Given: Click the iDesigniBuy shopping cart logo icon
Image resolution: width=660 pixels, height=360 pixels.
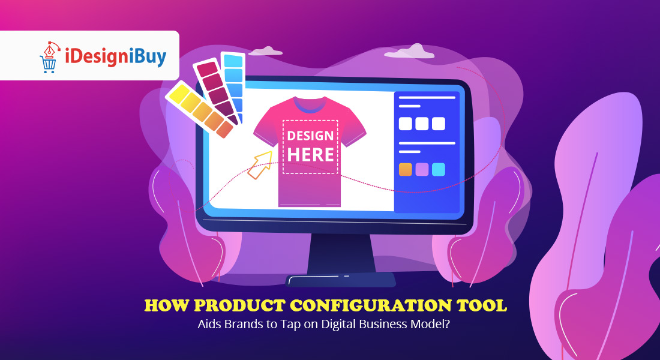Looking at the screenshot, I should [x=50, y=57].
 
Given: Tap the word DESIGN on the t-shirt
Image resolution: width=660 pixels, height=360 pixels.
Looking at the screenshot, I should [x=310, y=136].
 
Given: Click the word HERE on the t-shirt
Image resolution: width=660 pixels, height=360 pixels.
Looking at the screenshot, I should [x=310, y=154].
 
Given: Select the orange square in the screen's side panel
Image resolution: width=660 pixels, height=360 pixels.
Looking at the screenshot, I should [x=406, y=169].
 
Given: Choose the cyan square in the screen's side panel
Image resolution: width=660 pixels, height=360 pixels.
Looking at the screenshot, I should [x=439, y=169].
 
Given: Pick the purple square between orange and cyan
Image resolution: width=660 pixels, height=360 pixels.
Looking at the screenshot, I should [x=422, y=169].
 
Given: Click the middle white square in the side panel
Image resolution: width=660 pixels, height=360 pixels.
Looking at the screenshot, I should [x=422, y=124].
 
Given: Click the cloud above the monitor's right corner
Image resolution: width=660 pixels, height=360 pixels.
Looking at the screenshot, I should [x=409, y=53].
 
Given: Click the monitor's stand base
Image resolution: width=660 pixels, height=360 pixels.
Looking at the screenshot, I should [x=340, y=280].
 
